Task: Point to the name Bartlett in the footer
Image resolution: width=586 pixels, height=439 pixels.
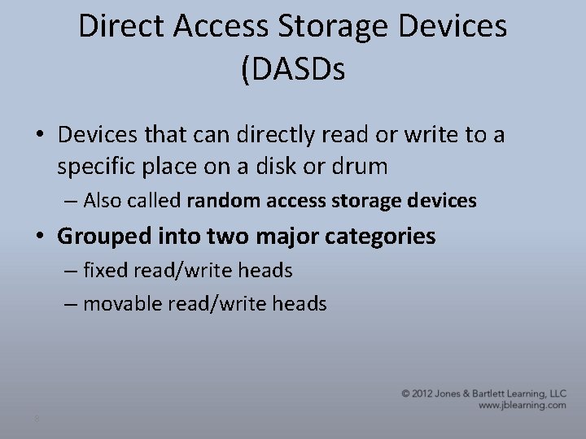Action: pyautogui.click(x=494, y=393)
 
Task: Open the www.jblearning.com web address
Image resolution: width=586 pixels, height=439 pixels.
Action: pyautogui.click(x=522, y=405)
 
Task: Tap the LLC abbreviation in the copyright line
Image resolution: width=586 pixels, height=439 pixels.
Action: pyautogui.click(x=556, y=393)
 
